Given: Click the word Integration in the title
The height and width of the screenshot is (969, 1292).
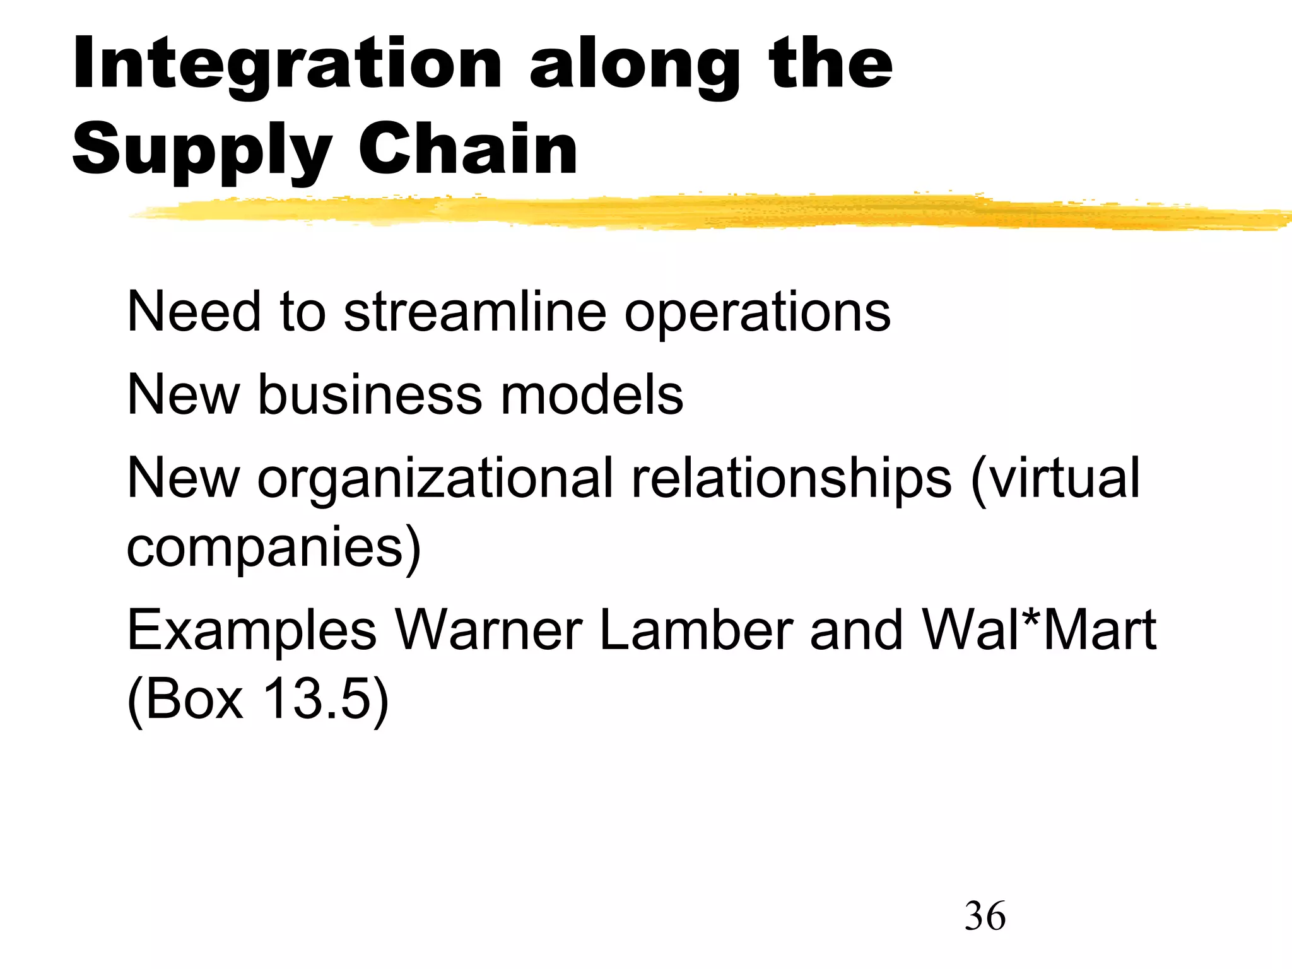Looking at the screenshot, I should pyautogui.click(x=287, y=64).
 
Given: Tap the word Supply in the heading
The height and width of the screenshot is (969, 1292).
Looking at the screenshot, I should pyautogui.click(x=202, y=150).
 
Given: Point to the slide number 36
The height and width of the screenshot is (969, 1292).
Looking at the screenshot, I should pyautogui.click(x=985, y=916).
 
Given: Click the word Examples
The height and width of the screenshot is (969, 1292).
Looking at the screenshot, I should pyautogui.click(x=252, y=631).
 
